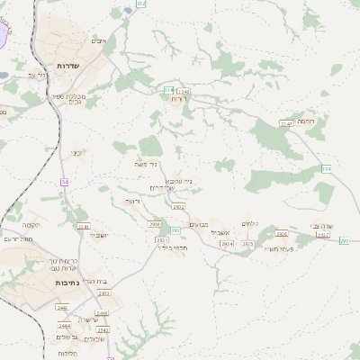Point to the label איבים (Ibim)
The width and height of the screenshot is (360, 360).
[x=99, y=41]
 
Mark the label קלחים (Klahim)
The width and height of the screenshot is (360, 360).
[x=249, y=223]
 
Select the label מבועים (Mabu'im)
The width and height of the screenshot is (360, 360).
[x=201, y=225]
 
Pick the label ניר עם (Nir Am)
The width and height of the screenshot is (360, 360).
[x=36, y=76]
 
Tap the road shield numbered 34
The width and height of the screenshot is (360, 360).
[x=64, y=183]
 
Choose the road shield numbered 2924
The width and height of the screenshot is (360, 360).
[x=227, y=243]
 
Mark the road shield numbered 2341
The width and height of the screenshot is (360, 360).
[x=84, y=226]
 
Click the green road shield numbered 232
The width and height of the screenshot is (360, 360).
[x=141, y=4]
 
